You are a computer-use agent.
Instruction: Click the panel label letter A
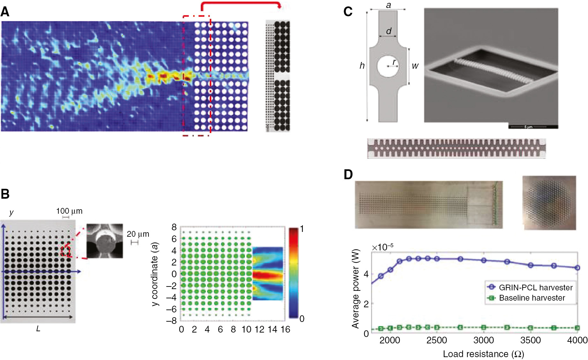pyautogui.click(x=5, y=12)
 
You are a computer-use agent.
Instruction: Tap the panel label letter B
pyautogui.click(x=5, y=194)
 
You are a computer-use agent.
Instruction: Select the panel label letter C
pyautogui.click(x=348, y=12)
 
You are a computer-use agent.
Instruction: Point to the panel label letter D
pyautogui.click(x=348, y=174)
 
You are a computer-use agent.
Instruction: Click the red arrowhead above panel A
pyautogui.click(x=280, y=6)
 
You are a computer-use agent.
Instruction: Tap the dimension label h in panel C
pyautogui.click(x=362, y=66)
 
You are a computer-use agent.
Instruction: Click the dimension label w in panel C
pyautogui.click(x=415, y=66)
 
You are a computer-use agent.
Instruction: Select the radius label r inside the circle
pyautogui.click(x=395, y=62)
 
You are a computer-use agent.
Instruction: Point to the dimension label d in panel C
pyautogui.click(x=388, y=31)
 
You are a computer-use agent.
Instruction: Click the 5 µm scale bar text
pyautogui.click(x=528, y=127)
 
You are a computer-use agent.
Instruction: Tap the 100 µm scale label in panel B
pyautogui.click(x=69, y=211)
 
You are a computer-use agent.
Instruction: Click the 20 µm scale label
pyautogui.click(x=138, y=234)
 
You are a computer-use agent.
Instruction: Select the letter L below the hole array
pyautogui.click(x=38, y=329)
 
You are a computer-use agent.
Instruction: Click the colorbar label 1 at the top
pyautogui.click(x=302, y=229)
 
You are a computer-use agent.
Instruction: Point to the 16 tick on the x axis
pyautogui.click(x=285, y=330)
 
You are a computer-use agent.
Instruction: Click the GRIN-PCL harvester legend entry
pyautogui.click(x=536, y=287)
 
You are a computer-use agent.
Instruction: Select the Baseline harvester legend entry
pyautogui.click(x=532, y=298)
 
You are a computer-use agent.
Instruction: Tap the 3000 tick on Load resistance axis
pyautogui.click(x=484, y=340)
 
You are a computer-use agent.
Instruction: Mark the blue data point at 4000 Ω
pyautogui.click(x=577, y=268)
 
